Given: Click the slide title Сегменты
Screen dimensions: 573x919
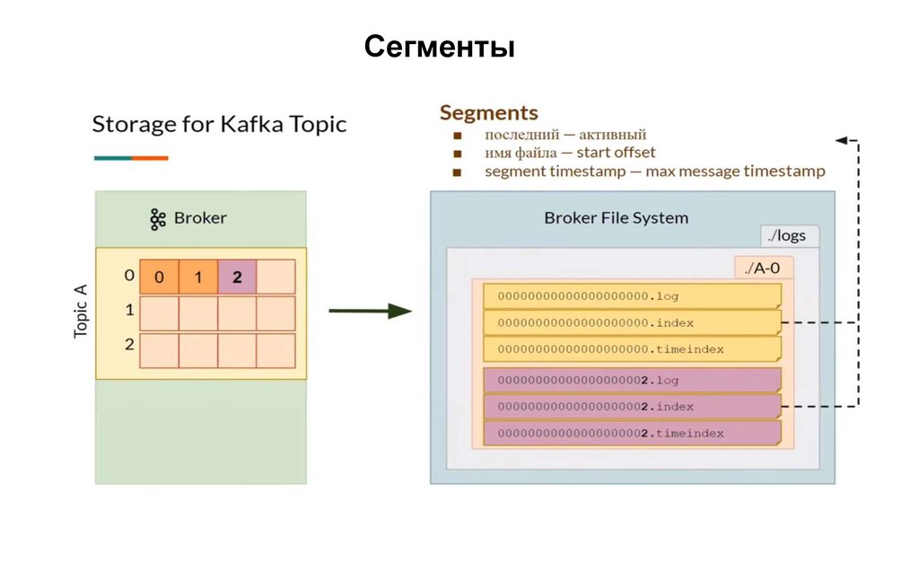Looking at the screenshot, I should [x=439, y=47].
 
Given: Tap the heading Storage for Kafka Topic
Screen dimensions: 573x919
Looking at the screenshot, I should [x=219, y=124].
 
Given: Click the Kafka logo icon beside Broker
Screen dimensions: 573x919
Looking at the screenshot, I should [x=158, y=218].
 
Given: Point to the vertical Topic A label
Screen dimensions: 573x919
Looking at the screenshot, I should [x=81, y=312].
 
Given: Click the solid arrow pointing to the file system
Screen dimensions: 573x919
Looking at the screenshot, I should [x=370, y=311].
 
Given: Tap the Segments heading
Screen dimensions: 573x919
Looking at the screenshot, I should [x=488, y=113].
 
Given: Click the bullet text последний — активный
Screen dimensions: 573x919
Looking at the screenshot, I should [x=565, y=135].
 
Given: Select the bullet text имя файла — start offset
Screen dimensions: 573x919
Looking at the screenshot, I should [x=570, y=153].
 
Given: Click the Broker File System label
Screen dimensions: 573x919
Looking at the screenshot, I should [x=616, y=217].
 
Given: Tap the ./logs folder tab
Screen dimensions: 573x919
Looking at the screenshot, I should [x=787, y=236].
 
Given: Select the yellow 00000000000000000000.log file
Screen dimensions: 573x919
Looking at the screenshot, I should [x=631, y=295].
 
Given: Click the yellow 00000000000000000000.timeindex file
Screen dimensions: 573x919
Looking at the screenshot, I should [x=631, y=348].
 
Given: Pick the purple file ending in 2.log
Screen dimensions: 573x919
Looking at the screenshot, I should [x=631, y=380].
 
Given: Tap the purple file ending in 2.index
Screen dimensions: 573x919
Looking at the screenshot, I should [x=631, y=407].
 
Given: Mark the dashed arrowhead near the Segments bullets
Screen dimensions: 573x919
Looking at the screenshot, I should [x=841, y=140].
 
